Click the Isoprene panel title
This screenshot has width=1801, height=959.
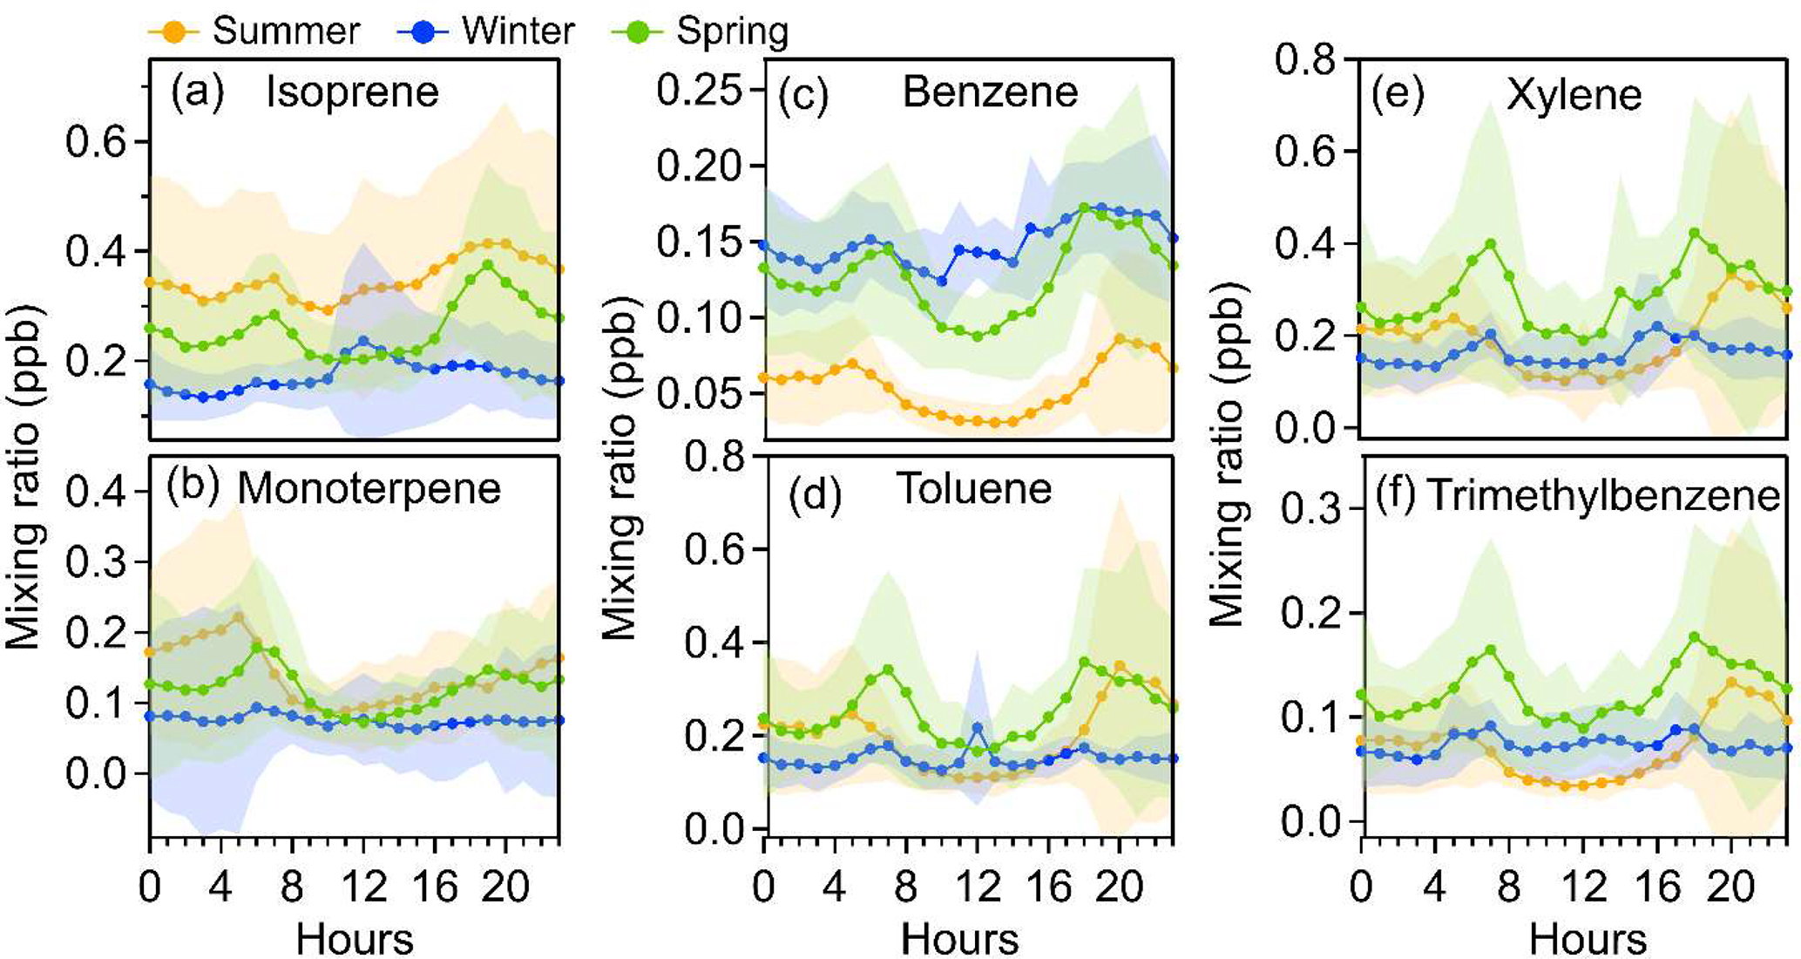(352, 92)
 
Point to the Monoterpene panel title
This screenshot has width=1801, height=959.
(369, 489)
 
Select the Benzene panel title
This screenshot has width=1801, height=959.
(990, 92)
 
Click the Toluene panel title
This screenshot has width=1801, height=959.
(974, 489)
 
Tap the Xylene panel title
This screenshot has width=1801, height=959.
(1574, 94)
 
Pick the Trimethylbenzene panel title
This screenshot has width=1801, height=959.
(1603, 496)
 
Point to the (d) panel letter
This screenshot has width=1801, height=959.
(814, 496)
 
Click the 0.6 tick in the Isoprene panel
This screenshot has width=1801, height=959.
(96, 142)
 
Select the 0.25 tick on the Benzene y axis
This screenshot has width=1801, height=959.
(701, 90)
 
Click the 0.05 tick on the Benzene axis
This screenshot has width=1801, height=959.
(701, 394)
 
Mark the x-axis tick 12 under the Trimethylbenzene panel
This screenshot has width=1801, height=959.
(1583, 888)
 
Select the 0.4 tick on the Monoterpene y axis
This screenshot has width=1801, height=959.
(96, 493)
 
